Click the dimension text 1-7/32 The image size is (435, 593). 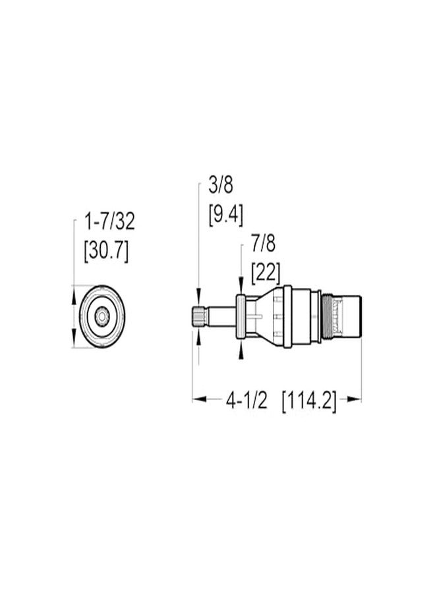tap(109, 221)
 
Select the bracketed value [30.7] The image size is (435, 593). tap(106, 250)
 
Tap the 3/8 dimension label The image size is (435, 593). tap(221, 185)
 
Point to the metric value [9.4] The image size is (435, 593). tap(225, 214)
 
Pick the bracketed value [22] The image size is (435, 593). tap(266, 271)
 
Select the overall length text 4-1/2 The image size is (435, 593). tap(246, 400)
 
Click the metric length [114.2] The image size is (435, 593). tap(308, 400)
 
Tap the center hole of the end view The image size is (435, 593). tap(101, 317)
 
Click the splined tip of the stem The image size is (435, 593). tap(199, 317)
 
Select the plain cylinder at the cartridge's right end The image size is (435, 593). tap(349, 317)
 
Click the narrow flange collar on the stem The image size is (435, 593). tap(241, 317)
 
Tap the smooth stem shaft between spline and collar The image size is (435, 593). tap(221, 317)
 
